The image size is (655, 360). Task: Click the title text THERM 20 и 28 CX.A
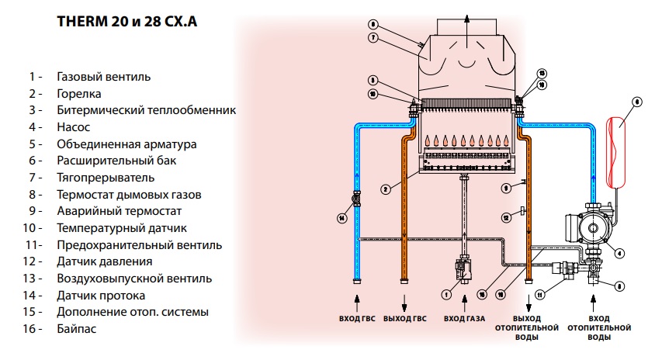pos(127,22)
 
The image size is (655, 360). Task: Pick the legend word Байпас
pos(77,329)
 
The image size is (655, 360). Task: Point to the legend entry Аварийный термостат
pos(119,211)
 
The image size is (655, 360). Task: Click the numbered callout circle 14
pos(341,218)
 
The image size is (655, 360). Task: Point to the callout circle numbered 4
pos(619,252)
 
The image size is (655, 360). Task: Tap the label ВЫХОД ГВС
pos(405,319)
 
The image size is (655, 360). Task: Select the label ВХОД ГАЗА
pos(463,319)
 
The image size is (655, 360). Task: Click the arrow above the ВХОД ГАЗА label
pos(463,299)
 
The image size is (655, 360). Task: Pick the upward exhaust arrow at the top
pos(467,17)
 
